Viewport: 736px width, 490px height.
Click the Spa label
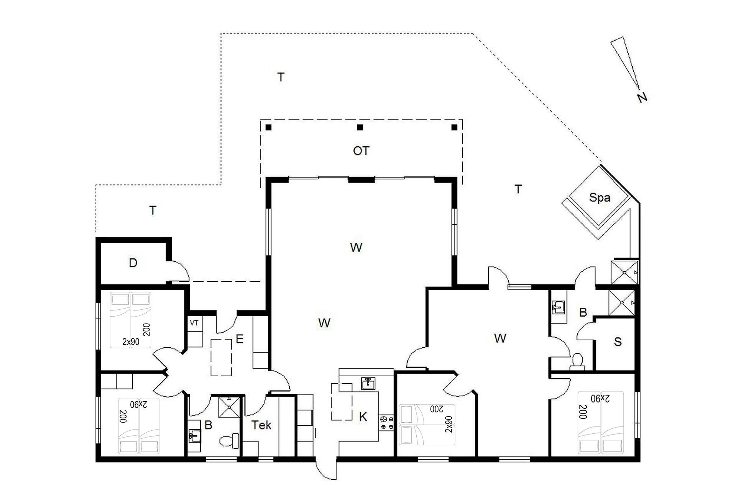[600, 198]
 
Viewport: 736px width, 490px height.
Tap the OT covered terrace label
[361, 151]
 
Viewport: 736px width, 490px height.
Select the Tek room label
[261, 425]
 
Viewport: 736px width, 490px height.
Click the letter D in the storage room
[133, 263]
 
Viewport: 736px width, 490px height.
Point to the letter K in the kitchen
[363, 417]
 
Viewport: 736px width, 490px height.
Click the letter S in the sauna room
[618, 342]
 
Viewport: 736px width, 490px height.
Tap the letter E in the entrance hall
[240, 339]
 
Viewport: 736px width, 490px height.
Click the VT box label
[194, 323]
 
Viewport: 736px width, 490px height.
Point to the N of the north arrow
[642, 98]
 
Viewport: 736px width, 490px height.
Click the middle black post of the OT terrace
[360, 127]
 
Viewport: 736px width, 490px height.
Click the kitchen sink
[368, 383]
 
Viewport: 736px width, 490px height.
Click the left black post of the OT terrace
[268, 127]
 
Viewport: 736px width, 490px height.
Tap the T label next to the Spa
[518, 189]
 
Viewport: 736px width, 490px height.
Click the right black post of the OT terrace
[455, 127]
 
